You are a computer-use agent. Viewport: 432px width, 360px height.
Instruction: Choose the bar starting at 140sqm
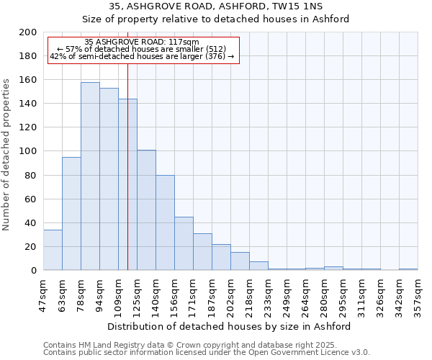click(x=165, y=222)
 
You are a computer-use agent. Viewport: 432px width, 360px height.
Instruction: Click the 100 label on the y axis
click(x=29, y=151)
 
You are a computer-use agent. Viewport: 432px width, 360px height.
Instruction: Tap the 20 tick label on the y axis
click(x=31, y=247)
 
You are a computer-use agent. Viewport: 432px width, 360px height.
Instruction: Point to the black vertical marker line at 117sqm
click(x=127, y=180)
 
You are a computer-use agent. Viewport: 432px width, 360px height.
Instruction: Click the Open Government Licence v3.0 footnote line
click(x=207, y=352)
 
